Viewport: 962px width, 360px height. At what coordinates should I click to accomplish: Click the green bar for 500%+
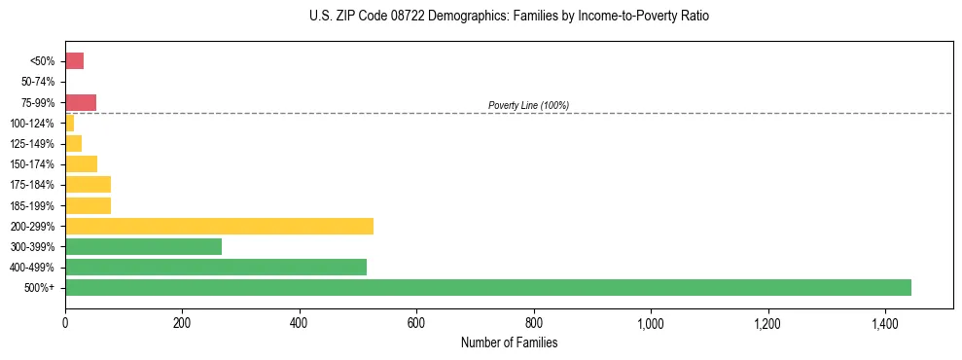[x=487, y=287]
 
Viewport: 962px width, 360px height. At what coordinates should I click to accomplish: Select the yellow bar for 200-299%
[x=219, y=226]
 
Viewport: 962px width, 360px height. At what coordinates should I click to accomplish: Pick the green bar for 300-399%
[x=143, y=246]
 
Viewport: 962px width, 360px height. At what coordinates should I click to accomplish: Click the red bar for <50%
[x=74, y=61]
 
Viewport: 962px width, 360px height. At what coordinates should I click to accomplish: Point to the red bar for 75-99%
[x=80, y=102]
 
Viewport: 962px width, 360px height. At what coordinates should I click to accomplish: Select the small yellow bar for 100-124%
[x=69, y=123]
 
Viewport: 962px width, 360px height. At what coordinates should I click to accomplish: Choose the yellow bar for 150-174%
[x=81, y=163]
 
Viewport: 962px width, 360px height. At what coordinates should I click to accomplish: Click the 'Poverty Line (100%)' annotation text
[x=528, y=105]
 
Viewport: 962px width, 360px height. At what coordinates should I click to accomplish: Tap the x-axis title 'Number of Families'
[x=509, y=342]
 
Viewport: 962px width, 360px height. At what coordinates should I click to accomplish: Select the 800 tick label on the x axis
[x=533, y=323]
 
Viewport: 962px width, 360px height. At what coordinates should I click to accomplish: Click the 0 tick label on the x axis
[x=65, y=323]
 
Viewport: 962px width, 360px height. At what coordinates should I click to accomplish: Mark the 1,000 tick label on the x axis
[x=651, y=323]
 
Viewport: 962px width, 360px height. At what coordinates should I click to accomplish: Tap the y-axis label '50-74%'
[x=37, y=82]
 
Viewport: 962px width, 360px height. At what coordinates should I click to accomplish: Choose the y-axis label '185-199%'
[x=33, y=205]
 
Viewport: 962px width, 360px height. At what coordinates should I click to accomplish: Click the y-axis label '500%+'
[x=41, y=288]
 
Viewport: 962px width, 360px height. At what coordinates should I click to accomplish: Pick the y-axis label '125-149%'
[x=33, y=144]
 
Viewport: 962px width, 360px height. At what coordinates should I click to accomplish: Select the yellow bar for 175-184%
[x=88, y=184]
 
